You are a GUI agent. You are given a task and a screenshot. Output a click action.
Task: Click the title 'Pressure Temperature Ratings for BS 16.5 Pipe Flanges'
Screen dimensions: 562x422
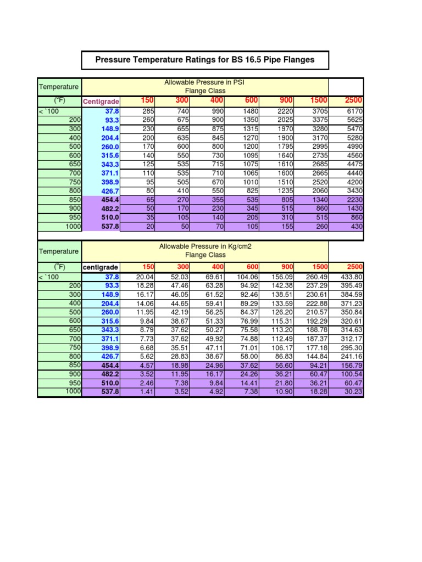(x=205, y=60)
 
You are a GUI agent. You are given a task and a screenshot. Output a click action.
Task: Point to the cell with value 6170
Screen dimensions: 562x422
(x=354, y=111)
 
